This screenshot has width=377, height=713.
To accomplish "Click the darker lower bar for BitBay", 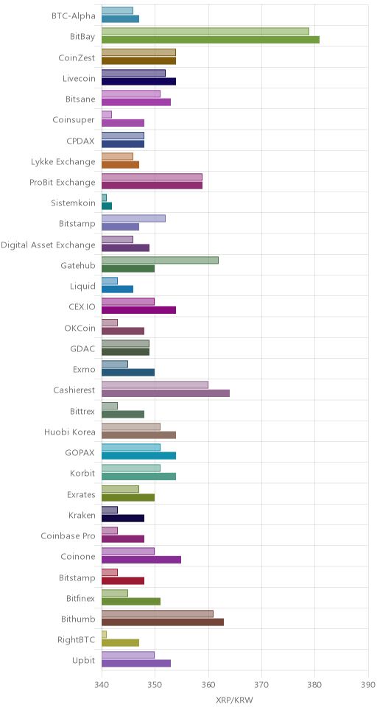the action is coord(211,40).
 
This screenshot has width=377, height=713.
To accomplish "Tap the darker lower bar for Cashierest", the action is coord(166,393).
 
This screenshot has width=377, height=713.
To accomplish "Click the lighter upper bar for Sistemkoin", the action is coord(104,198).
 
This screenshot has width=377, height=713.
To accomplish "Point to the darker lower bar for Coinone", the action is coord(141,560).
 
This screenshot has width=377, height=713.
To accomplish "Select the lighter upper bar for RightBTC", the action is coord(104,635).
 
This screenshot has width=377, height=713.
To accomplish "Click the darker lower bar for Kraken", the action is coord(123,519).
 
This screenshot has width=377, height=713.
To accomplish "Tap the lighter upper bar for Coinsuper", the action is coord(107,115).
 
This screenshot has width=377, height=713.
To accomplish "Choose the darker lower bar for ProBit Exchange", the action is coord(152,186).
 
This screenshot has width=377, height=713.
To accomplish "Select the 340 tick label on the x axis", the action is coord(102,684).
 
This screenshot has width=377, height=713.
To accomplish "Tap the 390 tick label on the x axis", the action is coord(368,684).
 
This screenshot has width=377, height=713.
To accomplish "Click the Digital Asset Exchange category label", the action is coord(48,245).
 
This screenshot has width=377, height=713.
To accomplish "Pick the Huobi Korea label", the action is coord(70,432).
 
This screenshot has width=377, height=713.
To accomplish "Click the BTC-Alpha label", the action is coord(74,16).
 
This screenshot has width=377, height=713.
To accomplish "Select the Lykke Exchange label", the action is coord(63,162).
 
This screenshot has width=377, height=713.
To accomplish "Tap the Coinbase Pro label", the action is coord(68,536).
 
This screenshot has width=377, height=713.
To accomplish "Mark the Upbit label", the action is coord(84,661).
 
